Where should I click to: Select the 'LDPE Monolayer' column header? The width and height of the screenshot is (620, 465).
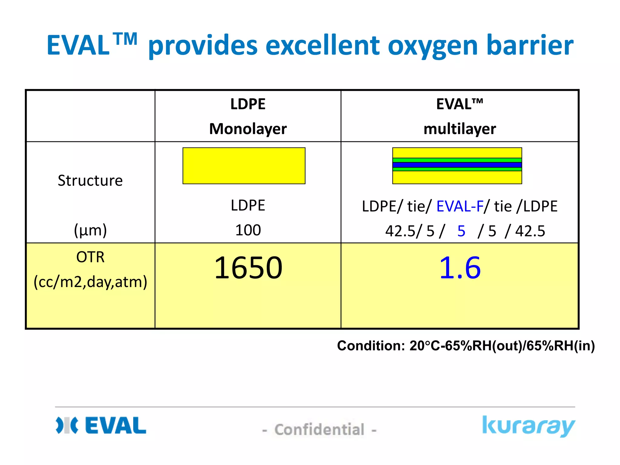coord(248,116)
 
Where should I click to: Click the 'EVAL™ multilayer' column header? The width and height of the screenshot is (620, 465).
coord(460,116)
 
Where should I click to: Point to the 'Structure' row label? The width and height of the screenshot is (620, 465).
coord(90,181)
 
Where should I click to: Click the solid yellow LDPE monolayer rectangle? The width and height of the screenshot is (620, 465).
coord(244,166)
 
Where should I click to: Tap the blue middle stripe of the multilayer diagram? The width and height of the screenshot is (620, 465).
coord(457,165)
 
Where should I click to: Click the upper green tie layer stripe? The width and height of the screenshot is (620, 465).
coord(457,160)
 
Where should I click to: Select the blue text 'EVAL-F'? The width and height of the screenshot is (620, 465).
coord(460,206)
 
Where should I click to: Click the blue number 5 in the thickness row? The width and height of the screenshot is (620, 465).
coord(461,231)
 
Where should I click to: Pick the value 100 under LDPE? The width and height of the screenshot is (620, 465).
coord(248,230)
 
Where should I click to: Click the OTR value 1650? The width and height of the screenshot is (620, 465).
coord(248,268)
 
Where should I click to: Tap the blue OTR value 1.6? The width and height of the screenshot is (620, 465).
coord(460,268)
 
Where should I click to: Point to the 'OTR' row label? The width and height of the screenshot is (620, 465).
coord(90,257)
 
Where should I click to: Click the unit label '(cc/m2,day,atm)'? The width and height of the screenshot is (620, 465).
coord(90,282)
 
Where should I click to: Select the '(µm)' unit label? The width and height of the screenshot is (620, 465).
coord(90,230)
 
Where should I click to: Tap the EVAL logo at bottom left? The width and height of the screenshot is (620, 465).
coord(101,425)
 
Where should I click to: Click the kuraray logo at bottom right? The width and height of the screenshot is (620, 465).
coord(528,426)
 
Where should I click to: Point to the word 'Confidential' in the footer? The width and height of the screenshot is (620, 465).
coord(319,430)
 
